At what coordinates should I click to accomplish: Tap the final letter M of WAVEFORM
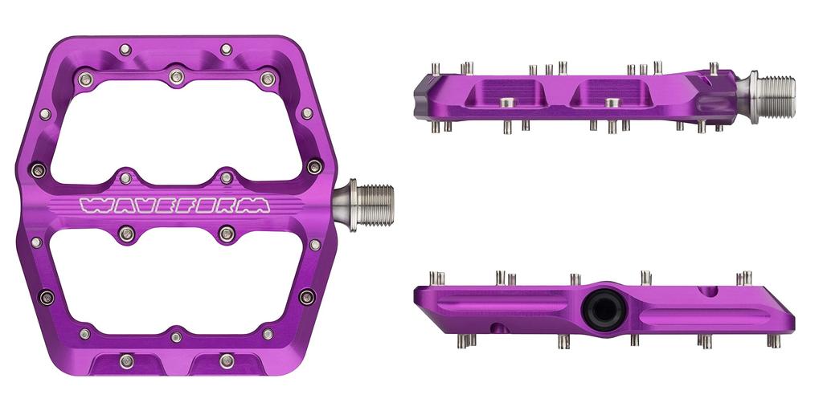point(257,205)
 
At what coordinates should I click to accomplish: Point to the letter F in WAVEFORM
point(184,205)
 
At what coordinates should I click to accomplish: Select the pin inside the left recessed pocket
point(506,102)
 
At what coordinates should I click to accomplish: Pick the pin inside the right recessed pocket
point(612,102)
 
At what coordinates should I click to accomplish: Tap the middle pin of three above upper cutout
point(177,77)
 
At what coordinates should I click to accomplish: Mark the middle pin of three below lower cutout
point(176,337)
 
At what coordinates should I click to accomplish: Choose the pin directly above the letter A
point(126,177)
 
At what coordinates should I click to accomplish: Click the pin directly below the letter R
point(227,234)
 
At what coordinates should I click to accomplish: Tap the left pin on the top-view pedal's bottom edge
point(126,360)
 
